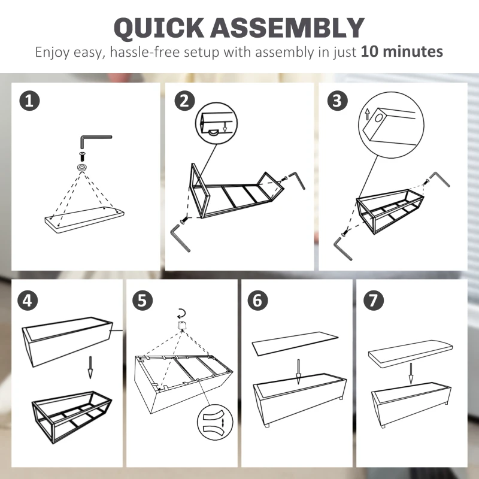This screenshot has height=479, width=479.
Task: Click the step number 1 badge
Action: (x=29, y=101)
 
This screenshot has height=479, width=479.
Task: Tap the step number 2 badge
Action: (x=184, y=101)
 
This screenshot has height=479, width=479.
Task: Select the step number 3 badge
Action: (x=338, y=101)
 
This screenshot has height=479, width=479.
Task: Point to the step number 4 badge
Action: (x=28, y=301)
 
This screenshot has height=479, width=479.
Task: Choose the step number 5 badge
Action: (x=143, y=301)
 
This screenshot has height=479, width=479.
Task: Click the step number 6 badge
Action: (x=257, y=301)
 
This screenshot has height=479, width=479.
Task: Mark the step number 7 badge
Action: (x=373, y=301)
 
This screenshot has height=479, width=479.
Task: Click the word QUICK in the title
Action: (x=159, y=28)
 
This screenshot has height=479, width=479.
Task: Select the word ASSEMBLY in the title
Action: (x=287, y=28)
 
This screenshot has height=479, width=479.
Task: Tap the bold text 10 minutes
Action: (x=402, y=51)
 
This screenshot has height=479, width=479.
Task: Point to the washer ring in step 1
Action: (x=82, y=167)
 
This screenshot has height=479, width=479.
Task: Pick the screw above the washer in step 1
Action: (x=82, y=156)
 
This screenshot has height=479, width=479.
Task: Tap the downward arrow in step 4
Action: (x=90, y=367)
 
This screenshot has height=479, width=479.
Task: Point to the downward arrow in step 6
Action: (x=298, y=371)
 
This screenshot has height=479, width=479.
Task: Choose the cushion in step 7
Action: (x=410, y=354)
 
